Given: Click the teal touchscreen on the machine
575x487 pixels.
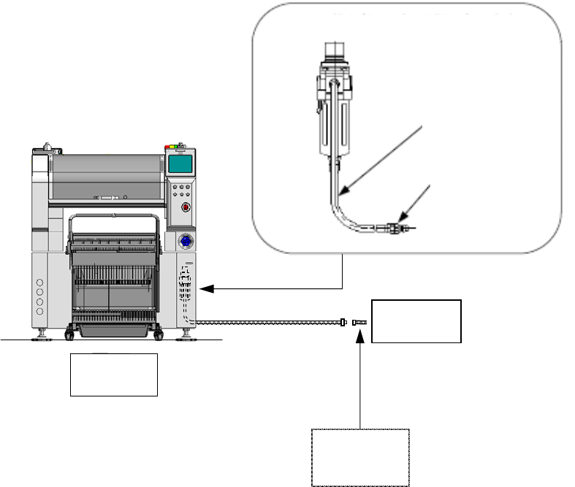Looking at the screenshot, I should pos(180,164).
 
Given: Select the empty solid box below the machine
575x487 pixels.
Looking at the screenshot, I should pos(114,375).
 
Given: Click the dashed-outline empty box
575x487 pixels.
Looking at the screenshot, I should pos(361,457).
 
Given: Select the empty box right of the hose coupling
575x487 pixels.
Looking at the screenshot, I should pos(416,321).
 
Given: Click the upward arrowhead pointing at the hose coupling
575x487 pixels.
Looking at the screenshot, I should pos(361,332).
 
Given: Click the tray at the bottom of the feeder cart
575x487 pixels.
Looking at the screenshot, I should pos(113,331).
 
